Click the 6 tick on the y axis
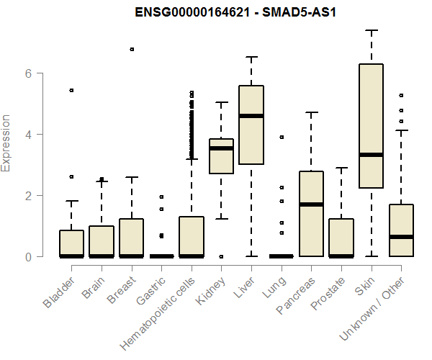pyautogui.click(x=27, y=73)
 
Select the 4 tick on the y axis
pyautogui.click(x=27, y=135)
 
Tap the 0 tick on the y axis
pyautogui.click(x=27, y=256)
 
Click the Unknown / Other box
pyautogui.click(x=401, y=230)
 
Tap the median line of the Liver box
pyautogui.click(x=251, y=116)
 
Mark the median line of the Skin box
pyautogui.click(x=372, y=155)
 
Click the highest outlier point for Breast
pyautogui.click(x=132, y=49)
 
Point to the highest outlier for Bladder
pyautogui.click(x=71, y=90)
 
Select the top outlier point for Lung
pyautogui.click(x=282, y=137)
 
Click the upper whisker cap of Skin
pyautogui.click(x=372, y=30)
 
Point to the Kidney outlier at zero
pyautogui.click(x=222, y=256)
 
